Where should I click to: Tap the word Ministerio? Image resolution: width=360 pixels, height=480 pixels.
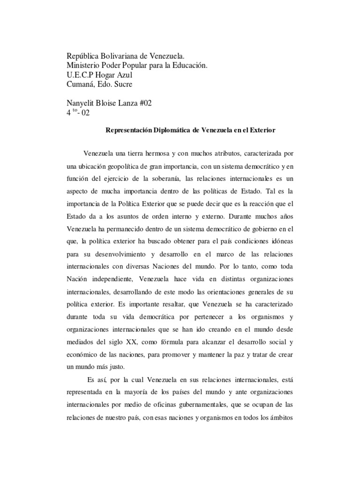coord(84,66)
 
